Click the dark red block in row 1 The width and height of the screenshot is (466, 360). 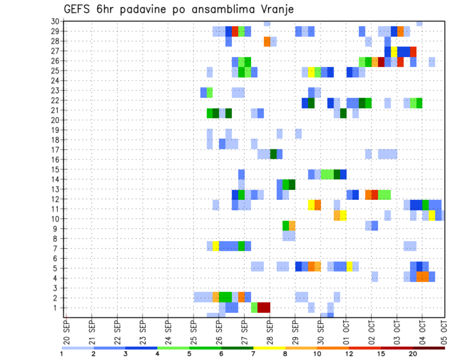point(264,308)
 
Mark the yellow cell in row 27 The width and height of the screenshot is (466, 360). point(394,51)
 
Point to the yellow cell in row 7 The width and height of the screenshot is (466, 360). point(216,246)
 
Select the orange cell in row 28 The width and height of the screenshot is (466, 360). point(267,41)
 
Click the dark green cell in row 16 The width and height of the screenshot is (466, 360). point(273,154)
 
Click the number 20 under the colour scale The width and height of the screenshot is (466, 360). point(413,354)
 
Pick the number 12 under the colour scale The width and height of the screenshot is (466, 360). point(349,354)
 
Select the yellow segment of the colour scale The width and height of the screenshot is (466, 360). point(269,347)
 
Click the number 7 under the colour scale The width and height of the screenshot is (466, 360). point(253,354)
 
